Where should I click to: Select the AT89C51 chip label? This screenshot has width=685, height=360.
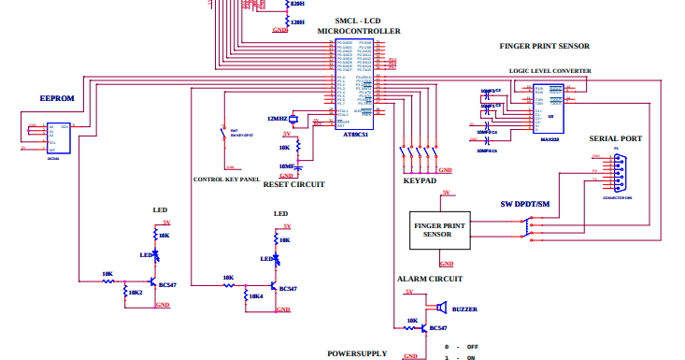356,134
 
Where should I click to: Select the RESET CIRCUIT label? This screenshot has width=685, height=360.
294,185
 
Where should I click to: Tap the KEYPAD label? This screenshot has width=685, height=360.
420,180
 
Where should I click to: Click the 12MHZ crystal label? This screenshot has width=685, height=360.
278,119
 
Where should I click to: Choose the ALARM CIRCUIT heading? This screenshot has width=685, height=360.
431,279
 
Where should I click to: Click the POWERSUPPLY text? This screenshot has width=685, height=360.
356,353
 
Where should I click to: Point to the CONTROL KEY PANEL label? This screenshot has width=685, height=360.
226,179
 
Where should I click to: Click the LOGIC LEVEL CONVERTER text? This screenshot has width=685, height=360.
549,70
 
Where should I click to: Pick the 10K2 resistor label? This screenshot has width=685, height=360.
136,292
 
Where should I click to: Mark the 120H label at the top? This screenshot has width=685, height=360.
298,21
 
